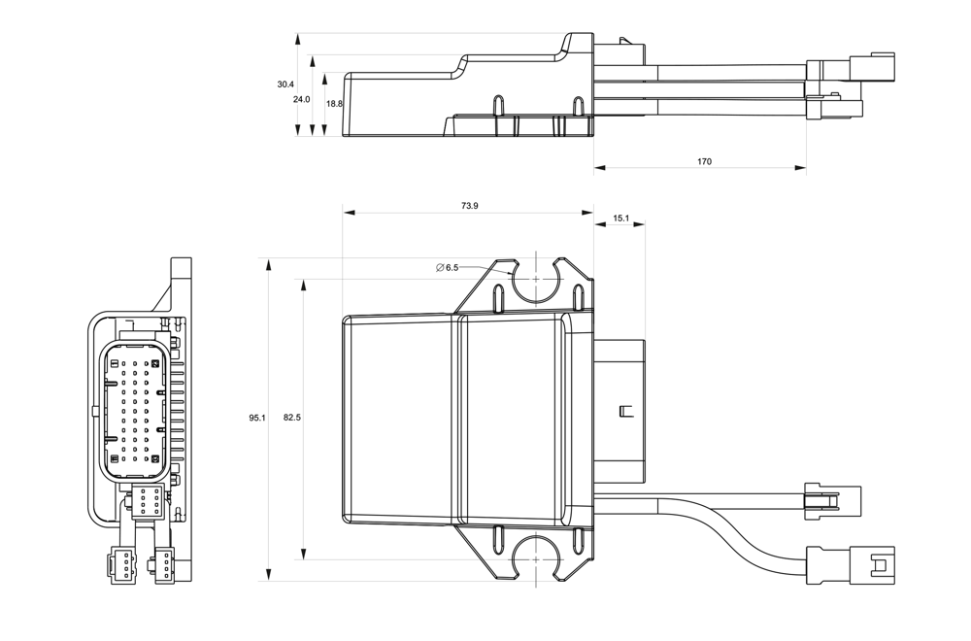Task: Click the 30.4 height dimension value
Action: click(x=285, y=84)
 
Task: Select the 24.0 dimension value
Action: click(x=301, y=99)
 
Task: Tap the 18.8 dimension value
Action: click(x=334, y=103)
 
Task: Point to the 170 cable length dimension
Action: click(x=704, y=161)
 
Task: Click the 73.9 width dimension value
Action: click(x=469, y=206)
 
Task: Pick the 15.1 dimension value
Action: click(x=620, y=219)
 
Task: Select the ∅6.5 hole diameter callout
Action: click(x=448, y=267)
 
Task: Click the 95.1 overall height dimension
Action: click(x=256, y=418)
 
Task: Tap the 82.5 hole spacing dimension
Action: click(x=291, y=418)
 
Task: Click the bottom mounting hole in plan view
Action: click(x=535, y=558)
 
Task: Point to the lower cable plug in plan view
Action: click(x=869, y=563)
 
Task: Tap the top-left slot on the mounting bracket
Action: click(x=498, y=295)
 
